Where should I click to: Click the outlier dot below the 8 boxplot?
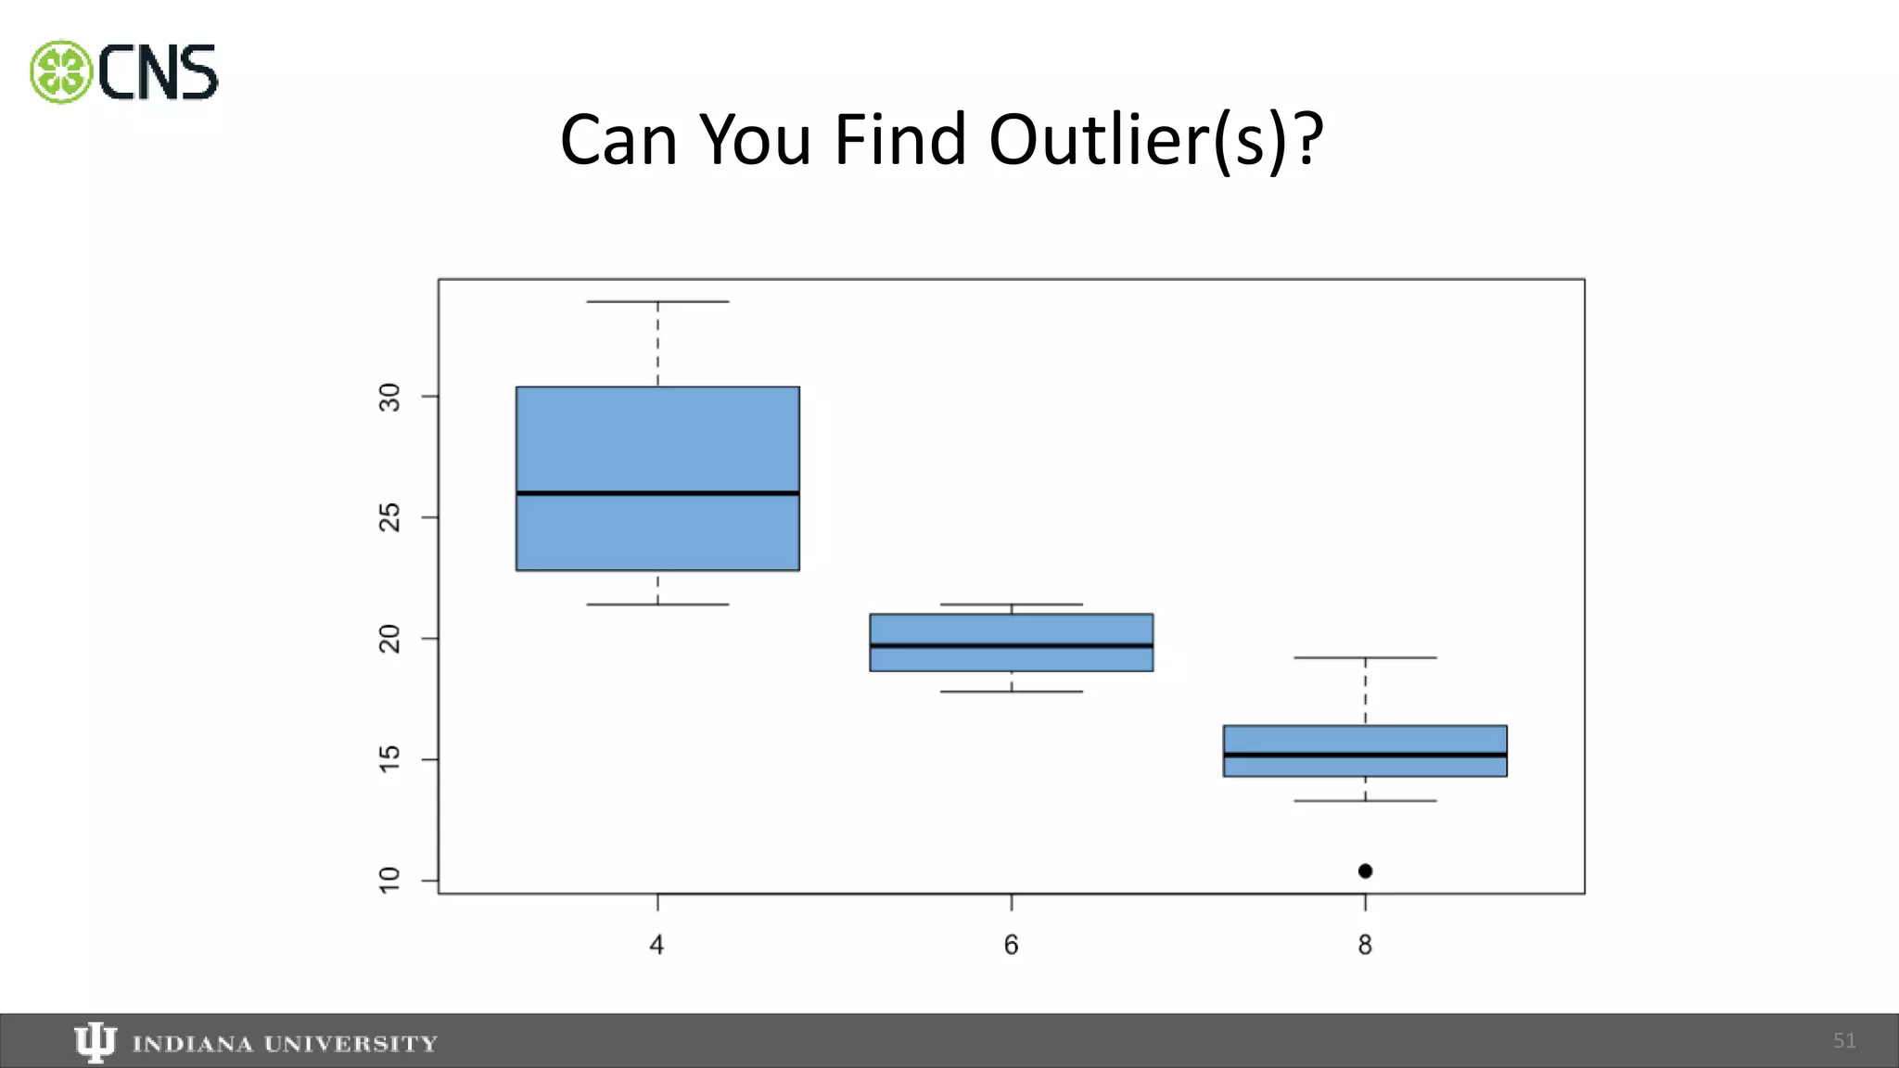coord(1365,871)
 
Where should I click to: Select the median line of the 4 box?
coord(657,493)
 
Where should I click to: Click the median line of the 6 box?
coord(1011,645)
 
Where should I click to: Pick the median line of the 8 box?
coord(1365,755)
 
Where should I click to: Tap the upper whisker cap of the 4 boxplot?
coord(657,301)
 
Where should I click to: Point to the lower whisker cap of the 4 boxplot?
coord(657,604)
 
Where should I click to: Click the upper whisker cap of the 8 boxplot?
coord(1365,657)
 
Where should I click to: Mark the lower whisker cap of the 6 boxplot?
coord(1011,692)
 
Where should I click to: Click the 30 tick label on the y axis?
coord(390,397)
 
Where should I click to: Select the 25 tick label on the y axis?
coord(390,517)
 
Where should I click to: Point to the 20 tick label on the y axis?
coord(390,639)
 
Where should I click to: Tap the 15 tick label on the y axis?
coord(390,759)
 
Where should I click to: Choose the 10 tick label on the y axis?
coord(390,880)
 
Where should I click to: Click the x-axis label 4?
coord(656,945)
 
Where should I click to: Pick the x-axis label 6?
coord(1011,945)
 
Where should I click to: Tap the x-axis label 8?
coord(1365,945)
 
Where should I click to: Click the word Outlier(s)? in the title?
coord(1155,140)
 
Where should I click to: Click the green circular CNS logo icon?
coord(61,71)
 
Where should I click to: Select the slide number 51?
coord(1844,1041)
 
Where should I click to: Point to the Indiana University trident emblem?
coord(95,1042)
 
